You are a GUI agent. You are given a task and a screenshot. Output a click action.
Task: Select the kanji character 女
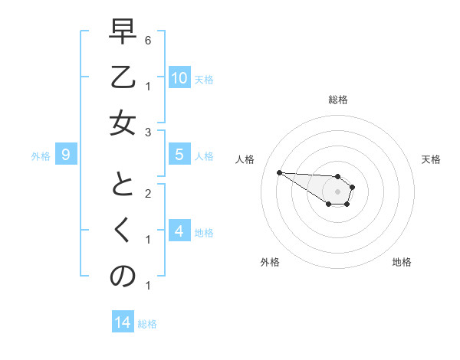point(123,123)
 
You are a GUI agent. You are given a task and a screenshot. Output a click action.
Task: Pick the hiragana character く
point(123,232)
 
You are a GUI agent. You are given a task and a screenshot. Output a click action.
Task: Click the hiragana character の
point(123,276)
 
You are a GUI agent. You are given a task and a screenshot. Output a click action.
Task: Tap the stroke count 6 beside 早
point(147,40)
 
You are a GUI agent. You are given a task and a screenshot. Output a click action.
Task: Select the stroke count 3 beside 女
point(147,133)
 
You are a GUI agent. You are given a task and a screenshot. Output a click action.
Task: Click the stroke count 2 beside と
point(147,194)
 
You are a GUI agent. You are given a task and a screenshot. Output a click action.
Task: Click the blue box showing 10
point(179,78)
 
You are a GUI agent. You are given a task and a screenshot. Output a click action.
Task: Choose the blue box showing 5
point(179,155)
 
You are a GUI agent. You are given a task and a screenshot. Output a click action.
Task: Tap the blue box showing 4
point(179,231)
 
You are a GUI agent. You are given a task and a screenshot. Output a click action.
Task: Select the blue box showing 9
point(66,155)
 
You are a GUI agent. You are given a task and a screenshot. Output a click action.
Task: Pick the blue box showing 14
point(123,322)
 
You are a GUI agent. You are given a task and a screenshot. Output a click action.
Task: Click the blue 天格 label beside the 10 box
point(204,80)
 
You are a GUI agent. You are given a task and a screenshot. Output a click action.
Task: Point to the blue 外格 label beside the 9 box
point(41,156)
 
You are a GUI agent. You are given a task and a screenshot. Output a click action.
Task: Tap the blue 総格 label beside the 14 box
point(147,324)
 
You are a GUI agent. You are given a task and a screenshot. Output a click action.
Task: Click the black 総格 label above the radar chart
point(338,100)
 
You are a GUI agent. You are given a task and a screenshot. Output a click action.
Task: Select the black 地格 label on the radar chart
point(402,262)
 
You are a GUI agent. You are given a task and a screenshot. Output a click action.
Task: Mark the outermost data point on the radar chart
point(279,172)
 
